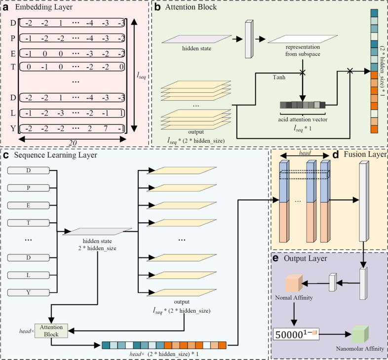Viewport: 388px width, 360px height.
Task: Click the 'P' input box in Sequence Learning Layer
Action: point(29,187)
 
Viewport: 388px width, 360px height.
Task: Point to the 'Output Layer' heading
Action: point(305,258)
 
